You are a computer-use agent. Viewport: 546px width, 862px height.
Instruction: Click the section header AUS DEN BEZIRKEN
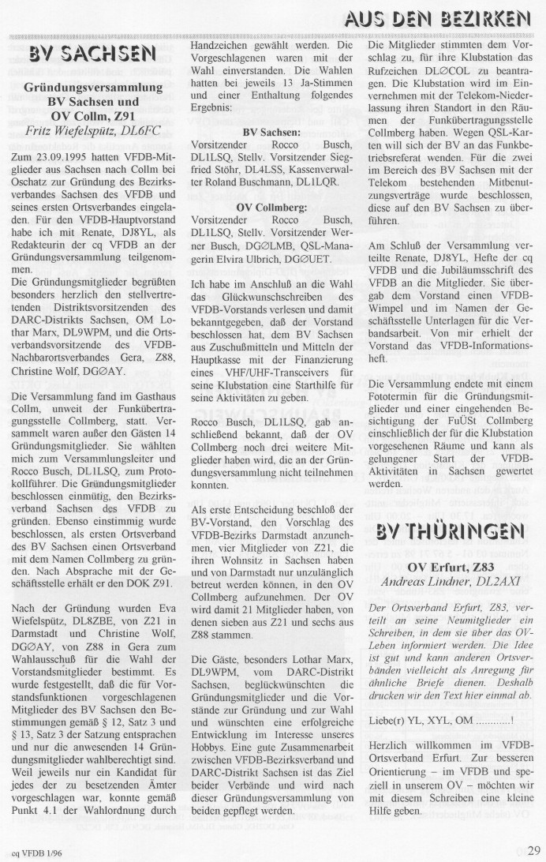point(458,17)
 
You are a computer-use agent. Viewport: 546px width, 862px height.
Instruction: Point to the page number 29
point(534,849)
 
